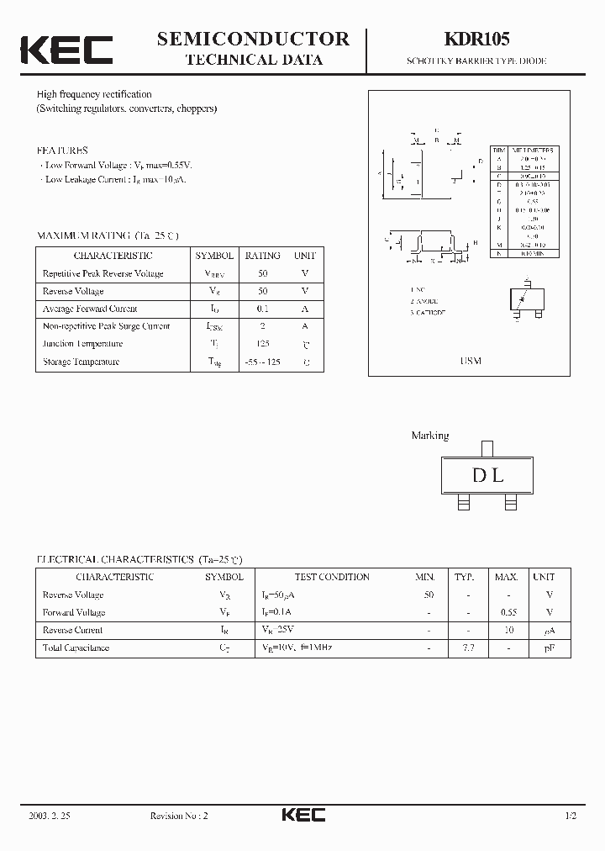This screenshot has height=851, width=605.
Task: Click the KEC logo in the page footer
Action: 302,815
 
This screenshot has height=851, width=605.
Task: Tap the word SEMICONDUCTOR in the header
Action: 254,39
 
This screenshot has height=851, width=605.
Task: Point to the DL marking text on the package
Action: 487,475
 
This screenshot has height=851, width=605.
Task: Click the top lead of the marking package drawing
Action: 487,448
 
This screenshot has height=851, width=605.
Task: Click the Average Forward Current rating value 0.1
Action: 263,309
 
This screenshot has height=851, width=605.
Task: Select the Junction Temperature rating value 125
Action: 263,344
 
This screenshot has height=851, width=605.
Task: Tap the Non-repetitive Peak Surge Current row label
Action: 106,326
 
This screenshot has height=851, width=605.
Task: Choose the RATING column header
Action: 263,256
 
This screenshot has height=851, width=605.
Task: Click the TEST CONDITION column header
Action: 332,577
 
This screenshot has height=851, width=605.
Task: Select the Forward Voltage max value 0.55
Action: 506,612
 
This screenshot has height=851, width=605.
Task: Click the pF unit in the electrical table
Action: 550,647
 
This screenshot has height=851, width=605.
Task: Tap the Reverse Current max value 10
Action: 507,630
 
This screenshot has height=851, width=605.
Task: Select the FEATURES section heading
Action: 61,151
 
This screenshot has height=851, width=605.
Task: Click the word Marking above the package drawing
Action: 429,436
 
